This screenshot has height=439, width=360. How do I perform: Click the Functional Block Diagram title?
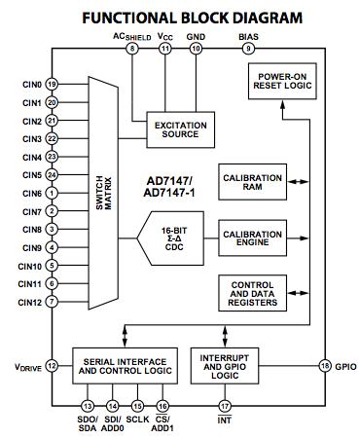pyautogui.click(x=179, y=16)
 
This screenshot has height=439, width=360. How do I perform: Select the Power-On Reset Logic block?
pyautogui.click(x=283, y=82)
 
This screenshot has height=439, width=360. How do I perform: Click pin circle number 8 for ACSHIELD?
pyautogui.click(x=132, y=48)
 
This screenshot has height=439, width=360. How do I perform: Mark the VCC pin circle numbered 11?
pyautogui.click(x=165, y=48)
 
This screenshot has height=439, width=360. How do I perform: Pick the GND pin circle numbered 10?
pyautogui.click(x=197, y=48)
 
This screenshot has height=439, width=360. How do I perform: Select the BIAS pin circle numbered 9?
pyautogui.click(x=248, y=48)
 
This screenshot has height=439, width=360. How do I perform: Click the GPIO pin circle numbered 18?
pyautogui.click(x=324, y=366)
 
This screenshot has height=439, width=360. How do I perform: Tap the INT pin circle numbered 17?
pyautogui.click(x=225, y=406)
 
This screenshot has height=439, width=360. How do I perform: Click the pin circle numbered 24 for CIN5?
pyautogui.click(x=52, y=174)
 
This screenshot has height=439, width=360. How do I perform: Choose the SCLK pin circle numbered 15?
pyautogui.click(x=138, y=406)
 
